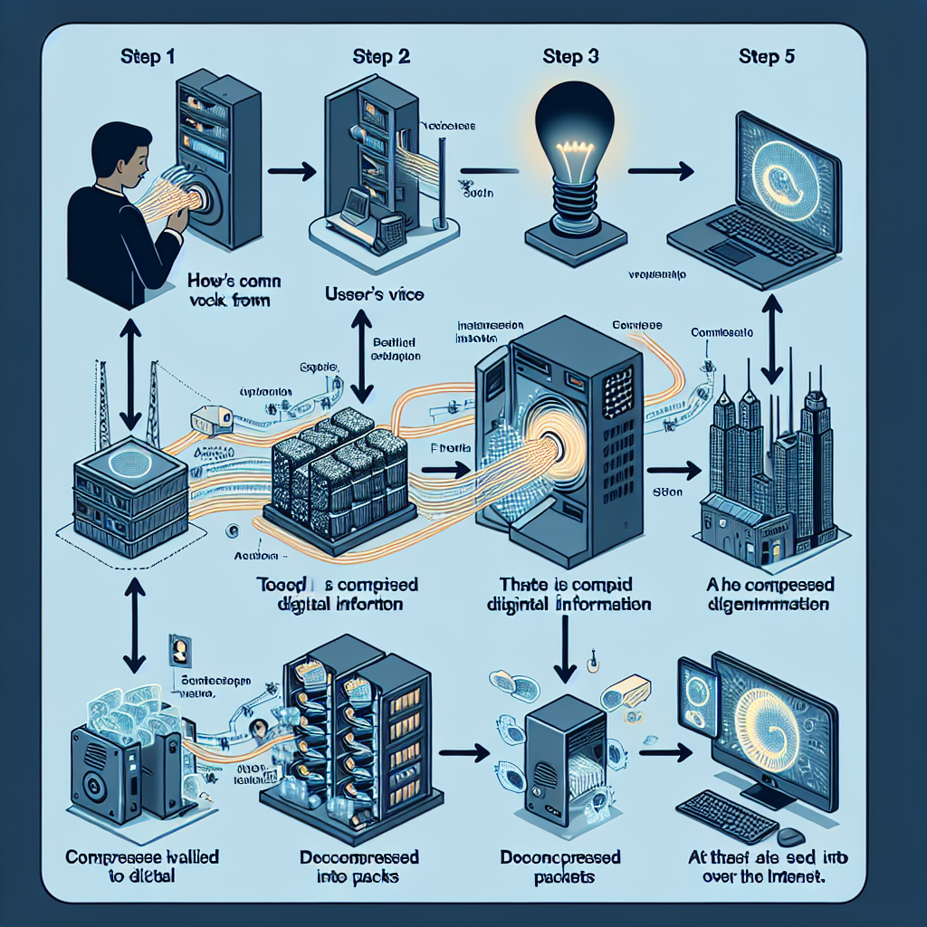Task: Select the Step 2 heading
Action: pyautogui.click(x=382, y=55)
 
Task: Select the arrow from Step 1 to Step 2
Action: pyautogui.click(x=292, y=169)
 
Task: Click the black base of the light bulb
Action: pyautogui.click(x=576, y=238)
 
